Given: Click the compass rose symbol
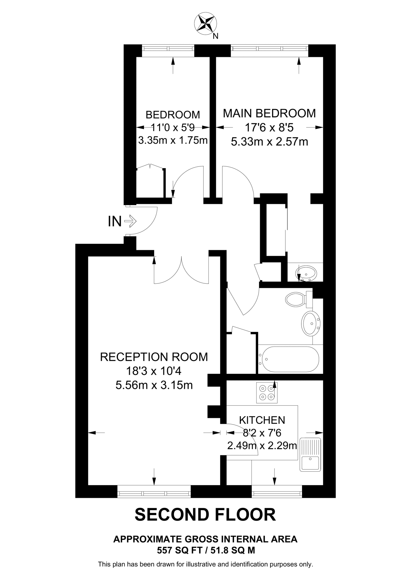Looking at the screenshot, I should pyautogui.click(x=205, y=24).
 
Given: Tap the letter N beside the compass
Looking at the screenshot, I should pyautogui.click(x=215, y=36).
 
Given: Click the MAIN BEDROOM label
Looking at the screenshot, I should pyautogui.click(x=269, y=113).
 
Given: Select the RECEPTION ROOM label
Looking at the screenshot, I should pyautogui.click(x=154, y=357).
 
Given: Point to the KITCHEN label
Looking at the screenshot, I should pyautogui.click(x=262, y=420).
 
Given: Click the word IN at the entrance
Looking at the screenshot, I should pyautogui.click(x=115, y=222).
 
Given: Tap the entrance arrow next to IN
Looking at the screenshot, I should pyautogui.click(x=130, y=221).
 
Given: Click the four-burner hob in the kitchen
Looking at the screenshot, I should pyautogui.click(x=267, y=393).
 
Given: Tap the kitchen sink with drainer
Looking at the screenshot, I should pyautogui.click(x=310, y=455).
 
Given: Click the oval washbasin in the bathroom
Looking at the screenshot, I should pyautogui.click(x=311, y=324).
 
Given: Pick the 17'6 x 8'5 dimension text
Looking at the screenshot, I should pyautogui.click(x=269, y=128).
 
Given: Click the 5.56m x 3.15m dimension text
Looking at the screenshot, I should pyautogui.click(x=154, y=385).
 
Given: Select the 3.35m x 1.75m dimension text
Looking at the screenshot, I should pyautogui.click(x=173, y=140).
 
